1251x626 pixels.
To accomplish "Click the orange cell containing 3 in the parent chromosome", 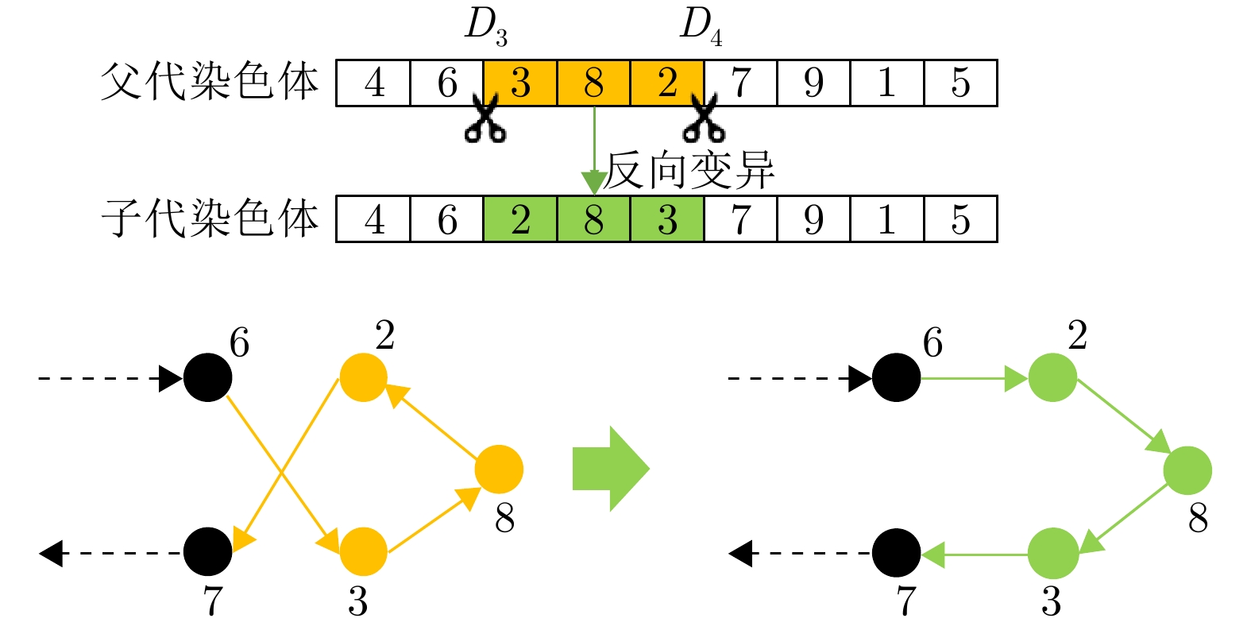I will (x=520, y=83).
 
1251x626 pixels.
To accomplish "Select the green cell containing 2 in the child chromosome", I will (x=520, y=219).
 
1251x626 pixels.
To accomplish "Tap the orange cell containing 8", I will (x=593, y=83).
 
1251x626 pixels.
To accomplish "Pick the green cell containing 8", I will (x=593, y=219).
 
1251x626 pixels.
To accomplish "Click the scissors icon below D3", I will (x=485, y=119).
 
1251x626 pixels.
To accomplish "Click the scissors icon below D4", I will (x=702, y=119).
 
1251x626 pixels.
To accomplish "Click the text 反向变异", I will (x=689, y=170).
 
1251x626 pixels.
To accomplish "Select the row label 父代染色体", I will (x=210, y=82).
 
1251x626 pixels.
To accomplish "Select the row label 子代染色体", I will (x=210, y=219).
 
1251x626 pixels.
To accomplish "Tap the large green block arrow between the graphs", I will (x=610, y=469).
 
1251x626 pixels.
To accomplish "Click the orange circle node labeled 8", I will (x=499, y=469).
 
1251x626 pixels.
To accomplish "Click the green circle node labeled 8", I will (x=1187, y=470).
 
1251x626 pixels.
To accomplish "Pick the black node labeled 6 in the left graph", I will (x=207, y=377).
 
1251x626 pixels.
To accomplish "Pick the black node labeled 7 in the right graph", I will (x=896, y=553).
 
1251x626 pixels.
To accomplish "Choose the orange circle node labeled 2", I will (x=363, y=377).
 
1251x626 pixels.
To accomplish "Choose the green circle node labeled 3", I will (x=1052, y=553).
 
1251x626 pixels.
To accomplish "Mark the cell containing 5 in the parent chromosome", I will (x=960, y=83).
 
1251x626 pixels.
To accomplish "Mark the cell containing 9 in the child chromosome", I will (x=813, y=219).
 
